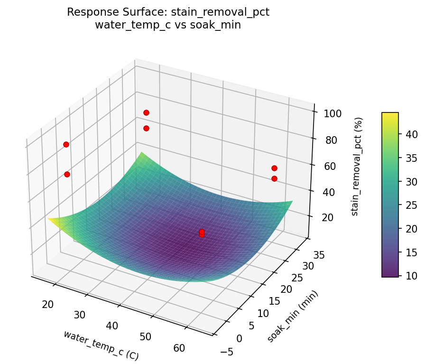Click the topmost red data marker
[146, 112]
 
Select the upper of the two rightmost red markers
[274, 168]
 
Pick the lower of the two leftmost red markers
[67, 174]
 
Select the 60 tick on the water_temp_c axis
[179, 348]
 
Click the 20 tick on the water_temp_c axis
[47, 304]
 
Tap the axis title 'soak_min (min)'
[292, 316]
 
